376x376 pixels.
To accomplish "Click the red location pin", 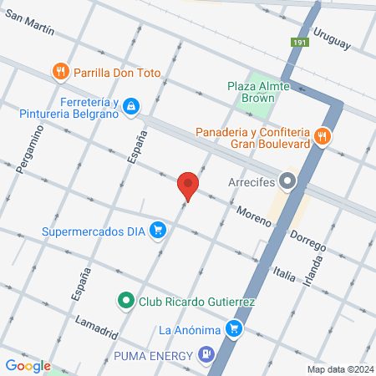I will coord(188,185).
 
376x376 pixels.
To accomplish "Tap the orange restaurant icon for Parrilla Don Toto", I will coord(60,73).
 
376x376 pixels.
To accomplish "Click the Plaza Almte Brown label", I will coord(250,92).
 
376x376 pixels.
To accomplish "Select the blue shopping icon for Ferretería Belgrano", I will coord(131,106).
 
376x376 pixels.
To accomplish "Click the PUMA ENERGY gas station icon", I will coord(204,356).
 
